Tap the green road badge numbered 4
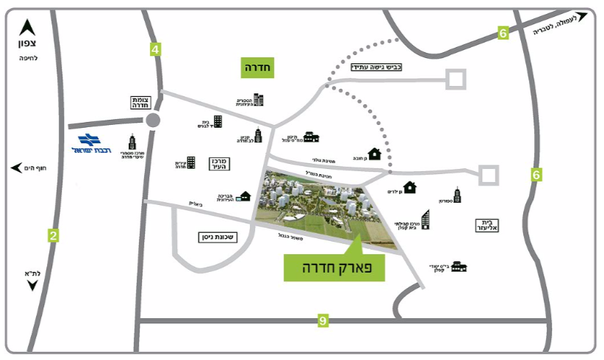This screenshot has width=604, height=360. [x=155, y=50]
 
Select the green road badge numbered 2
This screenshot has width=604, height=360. [x=53, y=236]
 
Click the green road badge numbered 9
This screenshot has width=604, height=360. [x=322, y=320]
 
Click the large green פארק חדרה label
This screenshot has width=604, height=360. [x=334, y=268]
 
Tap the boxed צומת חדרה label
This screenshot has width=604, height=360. [x=140, y=102]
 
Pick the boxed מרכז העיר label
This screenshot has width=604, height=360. [x=216, y=164]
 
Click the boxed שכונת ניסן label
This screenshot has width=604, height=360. [x=220, y=237]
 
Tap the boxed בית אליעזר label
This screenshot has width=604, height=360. [x=487, y=225]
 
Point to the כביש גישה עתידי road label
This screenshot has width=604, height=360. [x=376, y=68]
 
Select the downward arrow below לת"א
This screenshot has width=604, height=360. [x=32, y=285]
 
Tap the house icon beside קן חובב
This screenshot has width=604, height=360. [x=374, y=154]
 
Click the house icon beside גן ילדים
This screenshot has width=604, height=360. [x=410, y=187]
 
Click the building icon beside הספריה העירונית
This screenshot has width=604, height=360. [x=258, y=100]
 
